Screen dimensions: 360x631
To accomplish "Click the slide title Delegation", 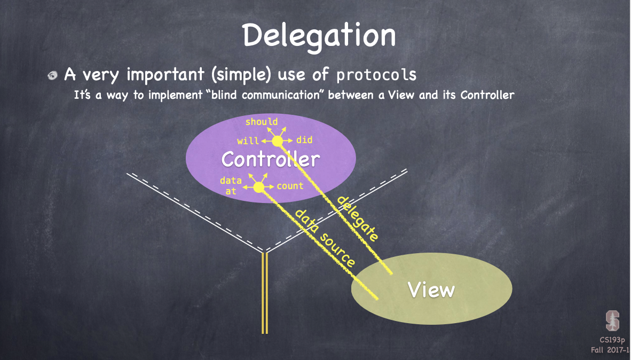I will pos(319,36).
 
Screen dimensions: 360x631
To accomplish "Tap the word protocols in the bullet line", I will pos(376,74).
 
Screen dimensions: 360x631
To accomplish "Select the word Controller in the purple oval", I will pos(271,159).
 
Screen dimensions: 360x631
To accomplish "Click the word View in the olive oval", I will pos(431,289).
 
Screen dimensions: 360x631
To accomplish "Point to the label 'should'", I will pos(262,122).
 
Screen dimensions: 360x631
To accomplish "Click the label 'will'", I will pos(248,142).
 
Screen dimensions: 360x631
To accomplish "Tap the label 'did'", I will pos(304,140).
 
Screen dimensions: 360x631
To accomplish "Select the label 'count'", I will pos(290,186).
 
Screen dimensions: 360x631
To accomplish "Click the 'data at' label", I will pos(231,185).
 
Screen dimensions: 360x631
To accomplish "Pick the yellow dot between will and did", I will pos(277,141).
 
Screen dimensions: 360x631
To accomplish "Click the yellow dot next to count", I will pos(259,187).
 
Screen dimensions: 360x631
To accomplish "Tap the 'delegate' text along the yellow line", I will pos(358,218).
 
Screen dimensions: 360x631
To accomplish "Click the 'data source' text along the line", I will pos(325,238).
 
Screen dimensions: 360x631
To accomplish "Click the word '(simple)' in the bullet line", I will pos(241,74).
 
